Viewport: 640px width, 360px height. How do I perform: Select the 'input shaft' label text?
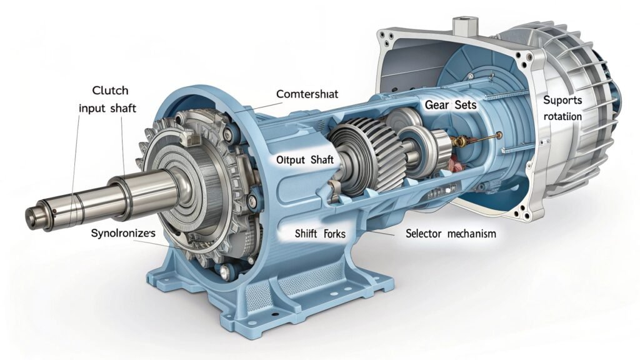pos(107,108)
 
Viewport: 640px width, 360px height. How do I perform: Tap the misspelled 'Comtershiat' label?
pos(307,93)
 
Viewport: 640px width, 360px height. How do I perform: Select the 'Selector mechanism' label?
pos(451,234)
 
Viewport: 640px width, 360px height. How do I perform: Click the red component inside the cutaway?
pos(454,164)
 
